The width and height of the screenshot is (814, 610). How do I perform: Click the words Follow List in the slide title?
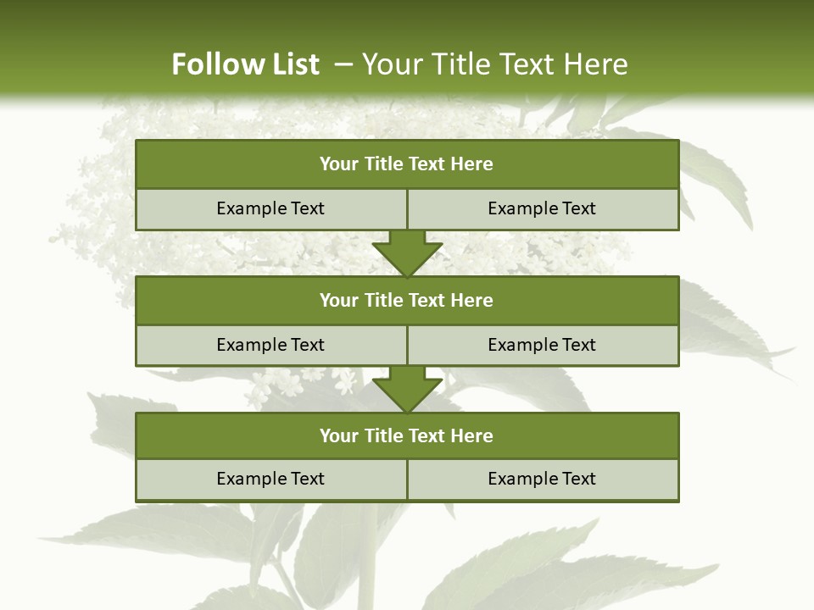pos(245,64)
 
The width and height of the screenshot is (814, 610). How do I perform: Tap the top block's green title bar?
pos(407,164)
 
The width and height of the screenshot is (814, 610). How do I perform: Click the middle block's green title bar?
pos(407,300)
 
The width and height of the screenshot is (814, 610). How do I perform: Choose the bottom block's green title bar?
pos(407,435)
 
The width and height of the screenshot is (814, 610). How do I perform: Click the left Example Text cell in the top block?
pos(270,208)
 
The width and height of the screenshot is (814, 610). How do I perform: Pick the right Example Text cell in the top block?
pos(542,208)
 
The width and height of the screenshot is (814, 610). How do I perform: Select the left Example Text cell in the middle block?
pos(270,345)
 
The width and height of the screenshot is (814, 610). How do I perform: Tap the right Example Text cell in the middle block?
pos(542,345)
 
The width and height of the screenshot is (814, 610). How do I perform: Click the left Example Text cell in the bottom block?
pos(270,479)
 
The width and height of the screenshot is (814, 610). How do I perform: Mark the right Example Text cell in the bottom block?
pos(542,479)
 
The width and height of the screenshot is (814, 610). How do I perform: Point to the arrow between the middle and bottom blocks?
pos(407,389)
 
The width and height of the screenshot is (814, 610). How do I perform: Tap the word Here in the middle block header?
pos(471,300)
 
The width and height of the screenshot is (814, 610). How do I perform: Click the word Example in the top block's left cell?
pos(252,208)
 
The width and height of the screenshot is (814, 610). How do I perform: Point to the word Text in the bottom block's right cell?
pos(577,479)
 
